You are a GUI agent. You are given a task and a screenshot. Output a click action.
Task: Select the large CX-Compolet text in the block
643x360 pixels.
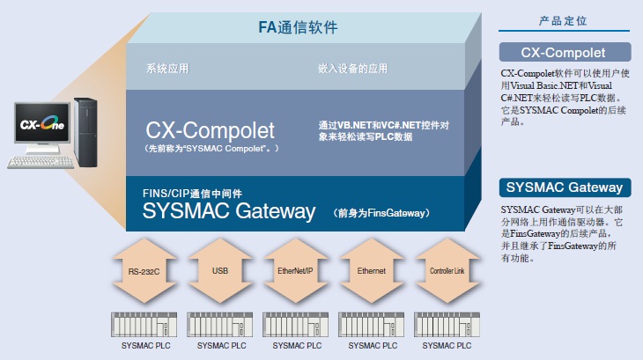pyautogui.click(x=211, y=131)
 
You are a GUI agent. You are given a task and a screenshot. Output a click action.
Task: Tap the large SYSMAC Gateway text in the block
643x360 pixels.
pyautogui.click(x=229, y=211)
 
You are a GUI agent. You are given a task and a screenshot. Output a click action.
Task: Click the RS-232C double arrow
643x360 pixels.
pyautogui.click(x=144, y=271)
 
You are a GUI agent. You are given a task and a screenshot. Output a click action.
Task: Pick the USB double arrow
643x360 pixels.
pyautogui.click(x=221, y=271)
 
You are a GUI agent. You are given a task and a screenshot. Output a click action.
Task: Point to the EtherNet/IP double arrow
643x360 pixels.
pyautogui.click(x=296, y=271)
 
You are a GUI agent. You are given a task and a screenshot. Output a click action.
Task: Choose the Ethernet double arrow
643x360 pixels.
pyautogui.click(x=371, y=271)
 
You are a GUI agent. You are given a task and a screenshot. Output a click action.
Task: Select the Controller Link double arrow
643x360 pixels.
pyautogui.click(x=446, y=271)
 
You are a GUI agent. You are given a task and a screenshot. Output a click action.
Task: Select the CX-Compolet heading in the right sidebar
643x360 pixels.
pyautogui.click(x=564, y=52)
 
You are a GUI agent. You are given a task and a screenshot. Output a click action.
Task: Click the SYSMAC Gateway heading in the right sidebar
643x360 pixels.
pyautogui.click(x=564, y=187)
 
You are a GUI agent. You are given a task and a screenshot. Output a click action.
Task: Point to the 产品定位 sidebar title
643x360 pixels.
pyautogui.click(x=564, y=20)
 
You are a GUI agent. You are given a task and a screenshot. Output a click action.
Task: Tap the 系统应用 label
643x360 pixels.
pyautogui.click(x=167, y=69)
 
